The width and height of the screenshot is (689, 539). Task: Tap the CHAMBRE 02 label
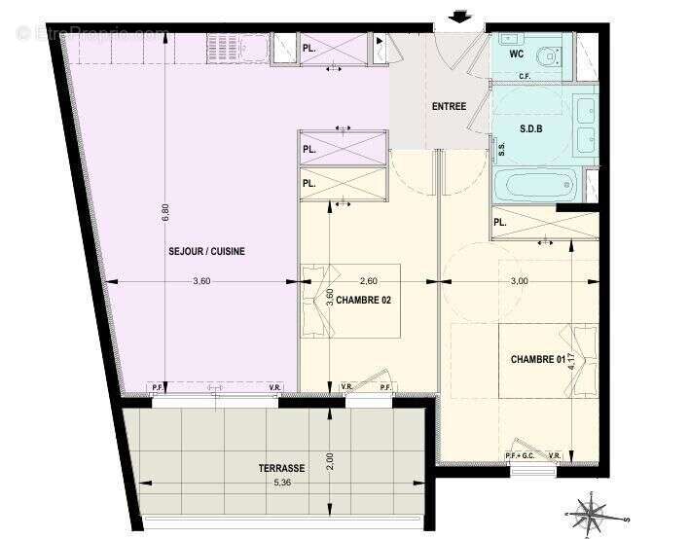click(x=364, y=301)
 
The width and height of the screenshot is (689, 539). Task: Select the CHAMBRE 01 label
click(x=538, y=360)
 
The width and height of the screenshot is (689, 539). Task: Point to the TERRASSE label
click(x=281, y=468)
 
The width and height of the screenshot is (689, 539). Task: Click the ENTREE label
click(x=450, y=107)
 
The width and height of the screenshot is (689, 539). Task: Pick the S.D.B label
click(x=532, y=127)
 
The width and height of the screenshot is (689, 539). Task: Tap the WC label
click(x=516, y=54)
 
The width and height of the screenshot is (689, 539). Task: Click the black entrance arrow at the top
click(x=460, y=17)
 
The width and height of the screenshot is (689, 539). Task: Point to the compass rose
click(x=591, y=510)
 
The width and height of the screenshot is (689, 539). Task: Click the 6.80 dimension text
click(x=165, y=211)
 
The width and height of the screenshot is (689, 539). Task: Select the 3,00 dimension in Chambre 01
click(x=520, y=281)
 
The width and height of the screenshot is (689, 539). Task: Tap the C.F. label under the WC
click(x=524, y=76)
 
